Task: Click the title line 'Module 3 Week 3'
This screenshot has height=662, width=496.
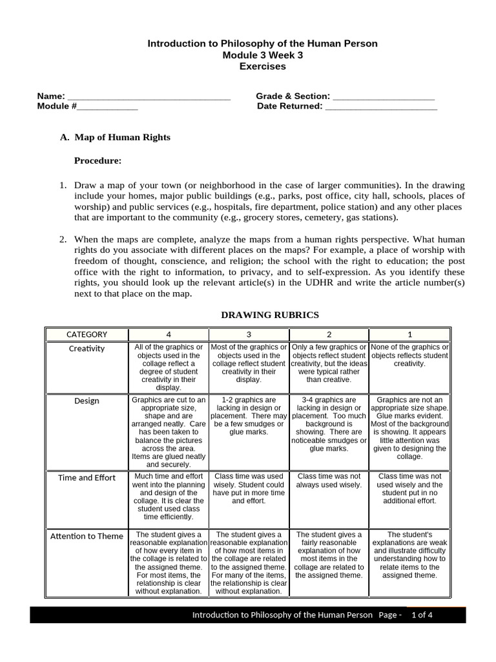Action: pos(262,55)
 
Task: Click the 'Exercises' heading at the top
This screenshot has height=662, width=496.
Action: pos(262,66)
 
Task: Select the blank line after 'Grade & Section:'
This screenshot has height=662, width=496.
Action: pos(383,97)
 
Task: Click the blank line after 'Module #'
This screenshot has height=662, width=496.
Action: pos(107,107)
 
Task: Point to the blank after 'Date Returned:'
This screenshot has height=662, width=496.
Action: pos(381,107)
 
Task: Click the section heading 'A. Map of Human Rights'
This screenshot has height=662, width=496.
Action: pos(115,138)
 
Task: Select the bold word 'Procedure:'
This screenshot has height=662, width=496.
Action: pos(98,160)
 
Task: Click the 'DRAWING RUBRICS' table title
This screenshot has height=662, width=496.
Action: pos(270,315)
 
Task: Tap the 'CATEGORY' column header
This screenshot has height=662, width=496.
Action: pos(87,334)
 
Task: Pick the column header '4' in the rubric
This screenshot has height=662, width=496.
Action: pos(169,334)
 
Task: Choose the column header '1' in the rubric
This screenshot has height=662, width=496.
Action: pos(409,334)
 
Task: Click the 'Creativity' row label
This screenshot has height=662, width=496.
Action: pos(87,348)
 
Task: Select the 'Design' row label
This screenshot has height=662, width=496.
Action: pos(87,401)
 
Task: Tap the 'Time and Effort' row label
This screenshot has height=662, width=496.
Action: pos(87,478)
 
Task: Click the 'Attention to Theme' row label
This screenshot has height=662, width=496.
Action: pos(87,536)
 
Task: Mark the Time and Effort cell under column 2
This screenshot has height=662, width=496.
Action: pos(329,480)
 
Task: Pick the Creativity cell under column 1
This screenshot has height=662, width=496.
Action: pos(409,356)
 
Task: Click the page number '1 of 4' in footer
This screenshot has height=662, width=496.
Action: pos(421,615)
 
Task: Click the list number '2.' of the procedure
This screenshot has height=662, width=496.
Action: pos(63,239)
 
